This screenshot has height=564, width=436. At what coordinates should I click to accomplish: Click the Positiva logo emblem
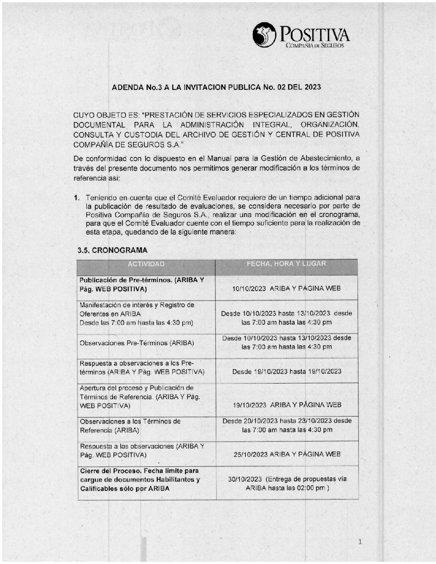coord(264,35)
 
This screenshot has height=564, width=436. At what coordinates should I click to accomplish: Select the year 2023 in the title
coord(312,87)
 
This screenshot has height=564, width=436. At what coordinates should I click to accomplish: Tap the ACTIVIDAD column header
coord(146,264)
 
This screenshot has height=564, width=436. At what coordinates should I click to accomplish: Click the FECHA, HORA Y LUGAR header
coord(286,264)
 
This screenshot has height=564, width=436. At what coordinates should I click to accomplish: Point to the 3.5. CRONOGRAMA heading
coord(112,251)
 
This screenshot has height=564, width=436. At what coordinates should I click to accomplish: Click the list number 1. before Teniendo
coord(77,198)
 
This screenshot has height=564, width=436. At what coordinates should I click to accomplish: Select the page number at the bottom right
coord(360,542)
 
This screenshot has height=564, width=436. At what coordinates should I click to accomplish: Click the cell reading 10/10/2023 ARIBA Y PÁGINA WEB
coord(286,289)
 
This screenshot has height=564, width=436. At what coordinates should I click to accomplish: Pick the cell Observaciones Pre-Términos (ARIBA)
coord(136,343)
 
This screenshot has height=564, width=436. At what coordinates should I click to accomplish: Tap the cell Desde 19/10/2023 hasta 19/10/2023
coord(286,372)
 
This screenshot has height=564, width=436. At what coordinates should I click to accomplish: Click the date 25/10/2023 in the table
coord(250,455)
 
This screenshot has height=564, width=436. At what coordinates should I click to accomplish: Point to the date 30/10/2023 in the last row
coord(245,479)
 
